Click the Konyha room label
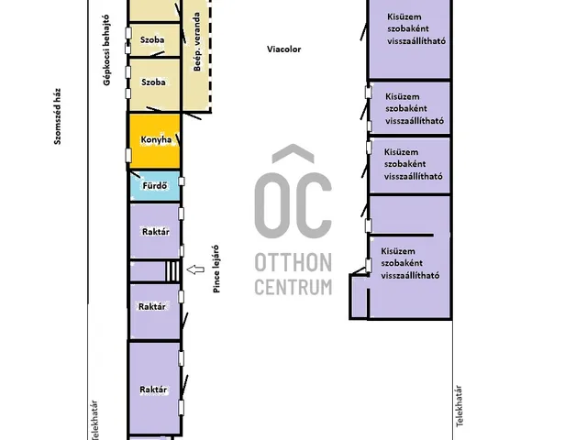[x=156, y=140]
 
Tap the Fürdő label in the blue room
[x=155, y=185]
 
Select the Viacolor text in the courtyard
[x=283, y=49]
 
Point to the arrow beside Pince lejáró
[x=195, y=269]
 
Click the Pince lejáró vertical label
[x=216, y=269]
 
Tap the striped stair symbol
[x=172, y=271]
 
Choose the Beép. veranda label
[x=197, y=41]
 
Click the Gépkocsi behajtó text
[x=106, y=50]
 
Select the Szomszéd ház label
[x=57, y=116]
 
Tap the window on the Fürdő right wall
[x=182, y=181]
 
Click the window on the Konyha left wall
[x=128, y=155]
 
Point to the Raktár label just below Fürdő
[x=156, y=232]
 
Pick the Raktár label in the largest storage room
[x=153, y=390]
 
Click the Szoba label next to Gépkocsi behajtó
[x=152, y=39]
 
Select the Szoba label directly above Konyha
[x=153, y=82]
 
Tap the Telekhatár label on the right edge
[x=459, y=406]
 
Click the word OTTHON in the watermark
[x=293, y=262]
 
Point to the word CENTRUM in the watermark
[x=293, y=287]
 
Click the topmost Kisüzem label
[x=404, y=16]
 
